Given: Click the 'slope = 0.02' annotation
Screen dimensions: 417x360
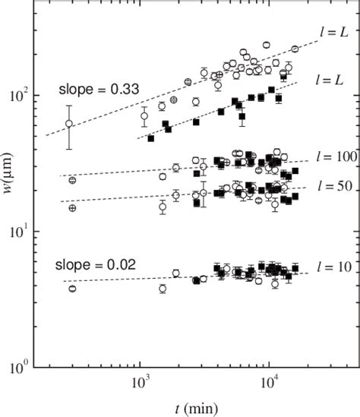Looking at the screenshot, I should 95,265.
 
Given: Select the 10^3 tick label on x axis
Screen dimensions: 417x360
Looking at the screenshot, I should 140,385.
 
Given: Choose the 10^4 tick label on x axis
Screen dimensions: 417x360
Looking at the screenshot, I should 270,385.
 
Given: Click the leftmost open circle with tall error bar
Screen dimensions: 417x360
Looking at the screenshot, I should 69,124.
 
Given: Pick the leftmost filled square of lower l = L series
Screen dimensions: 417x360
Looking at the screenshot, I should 151,138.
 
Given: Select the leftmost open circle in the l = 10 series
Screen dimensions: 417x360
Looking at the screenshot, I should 72,289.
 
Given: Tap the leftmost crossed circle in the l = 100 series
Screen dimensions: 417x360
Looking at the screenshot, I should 72,180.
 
